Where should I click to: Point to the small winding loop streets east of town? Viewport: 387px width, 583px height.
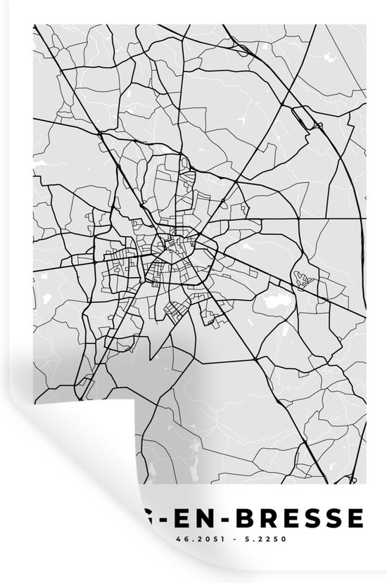click(x=303, y=281)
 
